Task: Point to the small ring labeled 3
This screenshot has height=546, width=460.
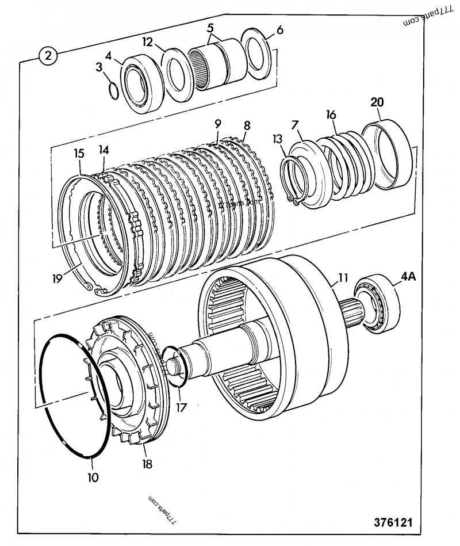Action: [x=114, y=91]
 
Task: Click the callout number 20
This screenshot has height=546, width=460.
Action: [x=377, y=102]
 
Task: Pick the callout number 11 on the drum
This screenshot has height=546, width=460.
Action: [x=343, y=277]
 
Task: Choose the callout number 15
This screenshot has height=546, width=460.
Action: [x=79, y=154]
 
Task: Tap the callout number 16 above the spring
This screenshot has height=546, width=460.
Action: [x=331, y=114]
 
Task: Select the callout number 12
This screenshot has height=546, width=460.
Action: [x=147, y=41]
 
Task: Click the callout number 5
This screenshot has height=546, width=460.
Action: [x=210, y=27]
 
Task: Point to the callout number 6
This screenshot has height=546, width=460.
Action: [x=279, y=30]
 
